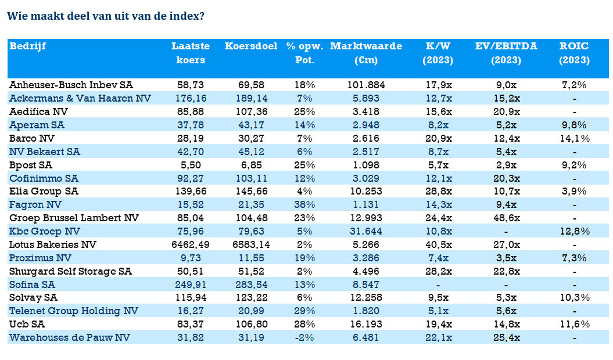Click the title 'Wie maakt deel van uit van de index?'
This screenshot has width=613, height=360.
coord(106,16)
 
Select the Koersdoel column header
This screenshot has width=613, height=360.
coord(251,46)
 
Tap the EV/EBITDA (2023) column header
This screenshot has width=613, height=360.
coord(506,53)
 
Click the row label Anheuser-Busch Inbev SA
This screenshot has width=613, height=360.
coord(71,85)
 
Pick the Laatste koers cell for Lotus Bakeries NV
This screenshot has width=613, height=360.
coord(191,244)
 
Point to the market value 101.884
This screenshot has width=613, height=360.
coord(366,85)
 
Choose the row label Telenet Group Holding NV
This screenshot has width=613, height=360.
coord(74,311)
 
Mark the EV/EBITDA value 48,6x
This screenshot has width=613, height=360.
coord(506,218)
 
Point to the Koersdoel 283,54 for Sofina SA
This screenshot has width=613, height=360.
coord(251,285)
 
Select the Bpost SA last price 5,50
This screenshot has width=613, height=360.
coord(191,165)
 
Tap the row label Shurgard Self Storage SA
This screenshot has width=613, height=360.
coord(71,271)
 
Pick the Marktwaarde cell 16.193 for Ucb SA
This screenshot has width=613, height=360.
coord(366,325)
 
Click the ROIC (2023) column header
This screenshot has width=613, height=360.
coord(574,53)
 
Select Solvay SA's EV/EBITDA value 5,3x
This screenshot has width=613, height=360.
coord(506,298)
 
